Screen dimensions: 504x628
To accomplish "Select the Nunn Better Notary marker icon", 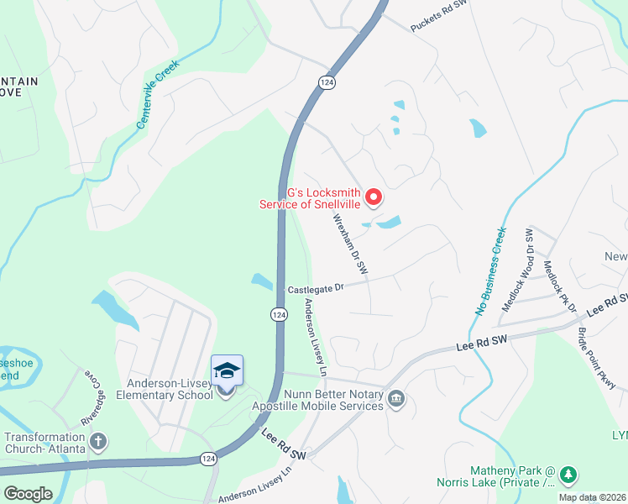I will (x=397, y=399).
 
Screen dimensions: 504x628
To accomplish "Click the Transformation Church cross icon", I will (x=98, y=441).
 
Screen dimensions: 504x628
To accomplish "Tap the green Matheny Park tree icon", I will (x=568, y=475).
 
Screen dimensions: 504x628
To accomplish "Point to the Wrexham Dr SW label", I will (x=351, y=244).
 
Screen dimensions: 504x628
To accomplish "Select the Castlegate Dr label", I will (x=317, y=288).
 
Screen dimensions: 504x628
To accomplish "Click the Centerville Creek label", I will (x=159, y=93).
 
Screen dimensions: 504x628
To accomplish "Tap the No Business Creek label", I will (x=492, y=270).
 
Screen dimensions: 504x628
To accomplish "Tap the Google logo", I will (x=29, y=494).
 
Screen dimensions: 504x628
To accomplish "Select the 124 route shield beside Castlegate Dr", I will (x=279, y=313).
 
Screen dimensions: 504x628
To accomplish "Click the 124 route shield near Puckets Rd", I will (x=327, y=81).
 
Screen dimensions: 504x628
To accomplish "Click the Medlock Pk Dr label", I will (x=560, y=286).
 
